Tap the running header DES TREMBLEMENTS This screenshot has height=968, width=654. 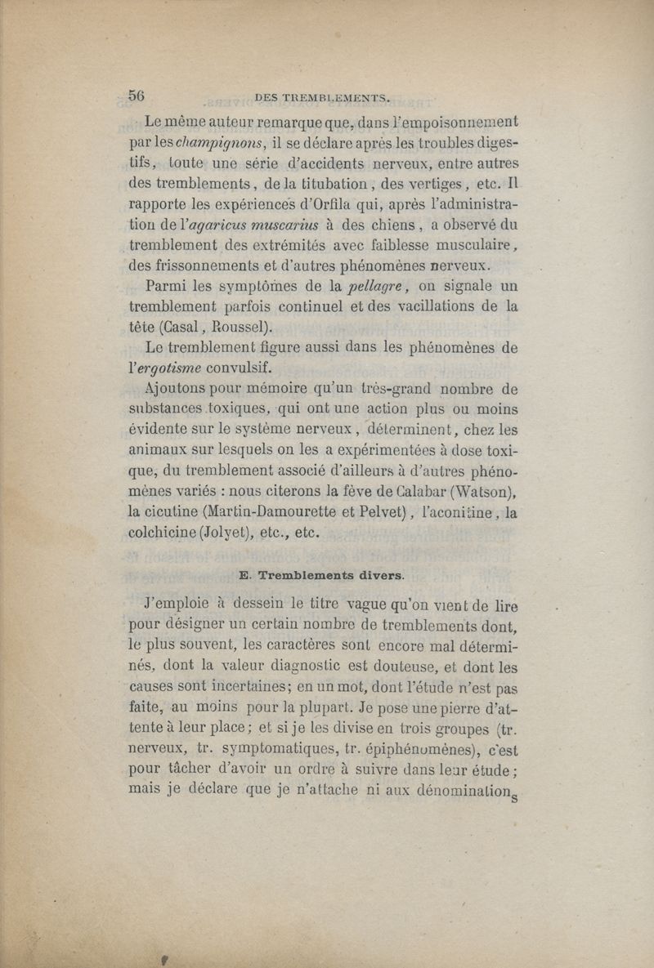click(322, 98)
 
